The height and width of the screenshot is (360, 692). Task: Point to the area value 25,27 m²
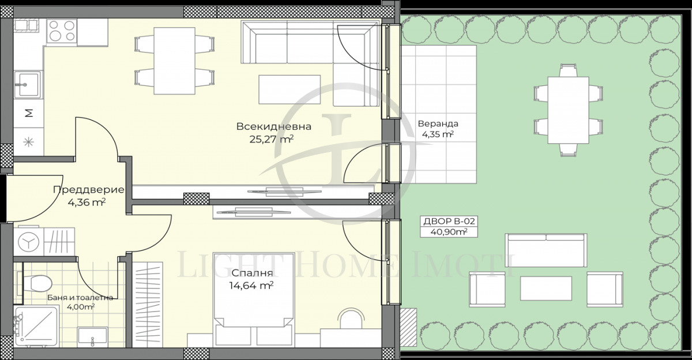[x=270, y=139]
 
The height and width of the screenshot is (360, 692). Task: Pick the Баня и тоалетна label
[x=81, y=298]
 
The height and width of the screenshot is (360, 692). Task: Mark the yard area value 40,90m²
[x=445, y=232]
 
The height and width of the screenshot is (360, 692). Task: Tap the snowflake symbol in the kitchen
[x=27, y=140]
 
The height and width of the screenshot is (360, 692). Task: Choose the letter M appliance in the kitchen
[x=27, y=113]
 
